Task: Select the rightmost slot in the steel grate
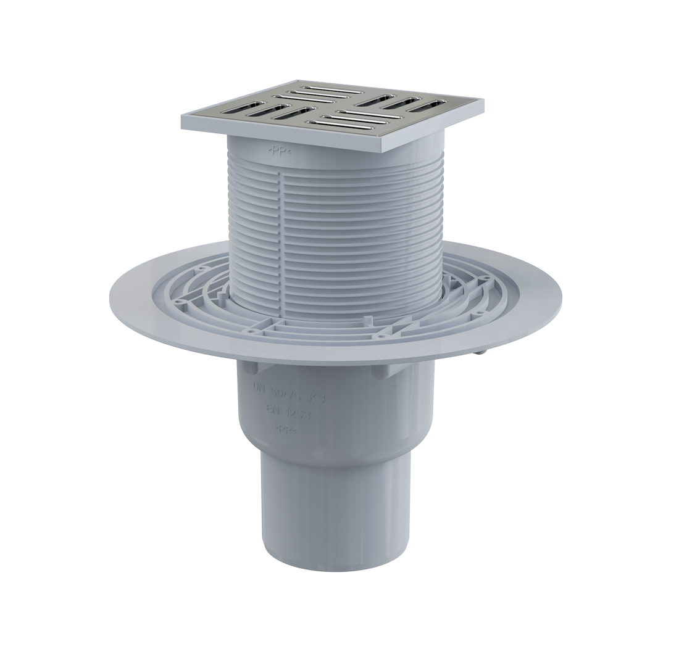click(430, 105)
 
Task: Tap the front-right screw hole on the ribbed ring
click(382, 336)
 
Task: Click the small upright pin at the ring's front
click(367, 320)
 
